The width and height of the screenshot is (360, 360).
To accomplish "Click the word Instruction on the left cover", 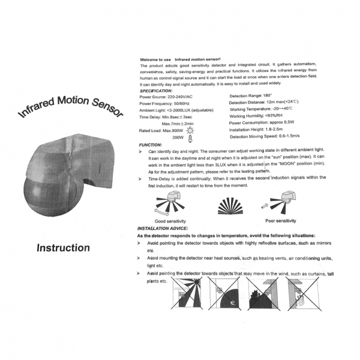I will click(62, 247).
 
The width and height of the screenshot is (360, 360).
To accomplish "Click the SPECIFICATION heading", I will click(156, 91).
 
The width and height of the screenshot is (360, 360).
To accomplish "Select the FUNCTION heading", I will click(149, 145).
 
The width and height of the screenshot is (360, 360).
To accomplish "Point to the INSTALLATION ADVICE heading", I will click(163, 229).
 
